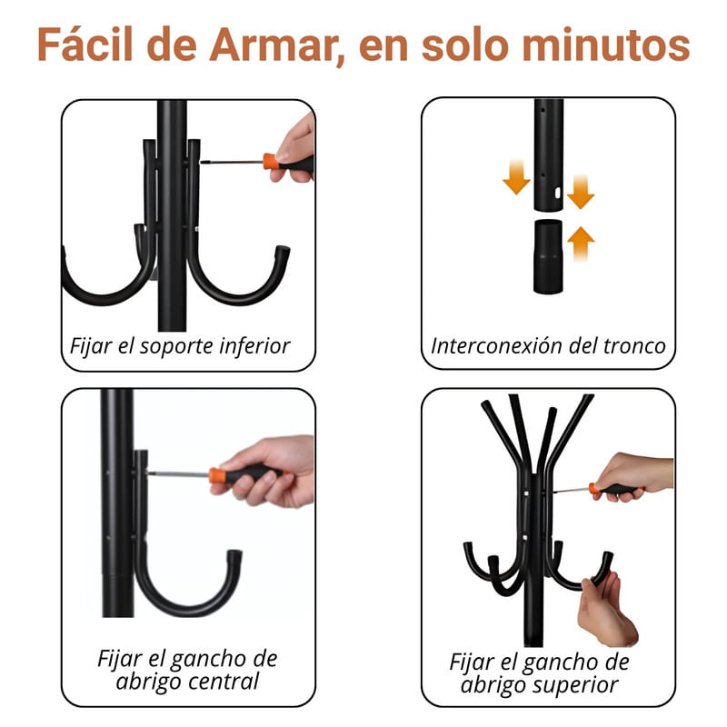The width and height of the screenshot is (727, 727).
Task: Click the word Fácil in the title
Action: pyautogui.click(x=85, y=44)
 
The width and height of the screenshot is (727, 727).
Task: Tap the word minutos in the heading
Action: pyautogui.click(x=606, y=45)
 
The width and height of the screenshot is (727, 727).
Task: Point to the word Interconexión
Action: pyautogui.click(x=496, y=346)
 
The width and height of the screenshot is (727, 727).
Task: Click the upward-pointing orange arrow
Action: pyautogui.click(x=581, y=244)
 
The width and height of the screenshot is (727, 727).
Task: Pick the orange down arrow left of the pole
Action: pyautogui.click(x=516, y=176)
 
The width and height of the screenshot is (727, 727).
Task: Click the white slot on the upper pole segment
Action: pyautogui.click(x=558, y=192)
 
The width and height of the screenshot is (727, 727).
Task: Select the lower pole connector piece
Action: pyautogui.click(x=548, y=257)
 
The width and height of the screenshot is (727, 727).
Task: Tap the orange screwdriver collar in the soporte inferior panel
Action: pyautogui.click(x=270, y=162)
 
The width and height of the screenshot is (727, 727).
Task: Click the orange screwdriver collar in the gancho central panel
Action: pyautogui.click(x=217, y=476)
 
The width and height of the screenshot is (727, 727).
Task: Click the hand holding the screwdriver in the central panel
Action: pyautogui.click(x=265, y=471)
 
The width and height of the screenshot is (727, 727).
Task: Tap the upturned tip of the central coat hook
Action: pyautogui.click(x=234, y=555)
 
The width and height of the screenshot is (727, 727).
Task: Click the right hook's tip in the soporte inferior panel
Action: pyautogui.click(x=283, y=252)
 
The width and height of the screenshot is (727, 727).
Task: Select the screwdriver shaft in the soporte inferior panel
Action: pyautogui.click(x=232, y=162)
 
